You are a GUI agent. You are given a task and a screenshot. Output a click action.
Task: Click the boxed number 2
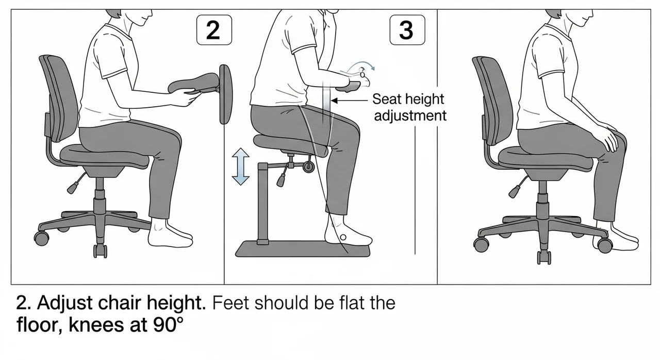click(x=214, y=30)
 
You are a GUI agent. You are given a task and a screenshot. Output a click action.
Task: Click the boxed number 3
click(x=407, y=30)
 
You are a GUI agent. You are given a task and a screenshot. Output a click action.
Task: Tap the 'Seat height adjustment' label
click(x=409, y=107)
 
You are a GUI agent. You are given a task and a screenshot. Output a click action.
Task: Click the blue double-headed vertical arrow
click(x=240, y=167)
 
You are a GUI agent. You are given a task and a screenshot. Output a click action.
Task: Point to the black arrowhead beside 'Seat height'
click(x=335, y=101)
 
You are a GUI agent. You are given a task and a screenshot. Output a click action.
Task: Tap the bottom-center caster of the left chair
click(x=100, y=251)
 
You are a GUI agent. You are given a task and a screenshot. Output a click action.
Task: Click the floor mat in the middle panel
click(x=302, y=249)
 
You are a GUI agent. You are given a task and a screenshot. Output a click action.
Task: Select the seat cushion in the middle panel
click(x=290, y=145)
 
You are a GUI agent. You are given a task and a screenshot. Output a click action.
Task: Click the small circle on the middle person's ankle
click(x=343, y=237)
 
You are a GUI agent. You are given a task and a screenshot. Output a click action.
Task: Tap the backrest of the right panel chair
click(x=492, y=100)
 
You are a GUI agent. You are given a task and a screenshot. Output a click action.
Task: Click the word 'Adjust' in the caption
click(x=65, y=303)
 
